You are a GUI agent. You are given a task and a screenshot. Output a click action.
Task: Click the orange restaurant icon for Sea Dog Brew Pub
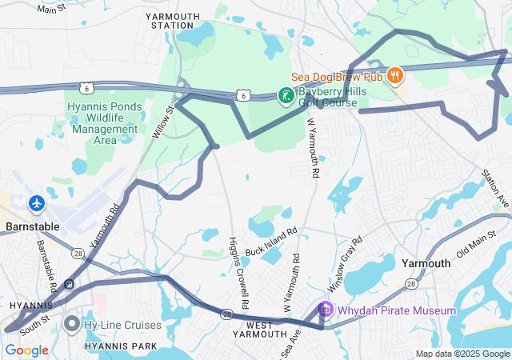[394, 76]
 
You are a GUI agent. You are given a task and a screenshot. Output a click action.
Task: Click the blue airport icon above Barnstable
[37, 203]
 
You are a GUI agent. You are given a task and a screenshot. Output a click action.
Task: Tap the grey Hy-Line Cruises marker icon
[72, 325]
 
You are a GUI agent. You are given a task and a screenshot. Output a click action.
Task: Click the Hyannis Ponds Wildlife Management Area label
[104, 123]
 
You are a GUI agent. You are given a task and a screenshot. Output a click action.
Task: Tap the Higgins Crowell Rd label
[239, 273]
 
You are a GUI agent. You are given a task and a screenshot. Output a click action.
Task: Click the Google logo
[26, 350]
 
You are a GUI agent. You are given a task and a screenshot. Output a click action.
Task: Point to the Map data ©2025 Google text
[462, 354]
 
